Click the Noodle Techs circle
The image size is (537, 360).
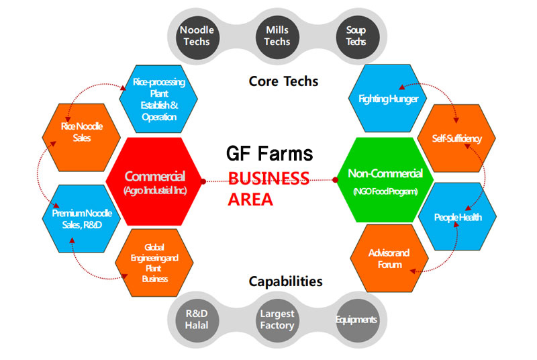coord(197,36)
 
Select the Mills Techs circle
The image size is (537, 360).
coord(277,36)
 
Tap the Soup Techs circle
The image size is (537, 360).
coord(358,36)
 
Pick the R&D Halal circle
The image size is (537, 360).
coord(197,320)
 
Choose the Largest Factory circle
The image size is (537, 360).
coord(277,320)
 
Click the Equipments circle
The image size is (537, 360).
coord(358,320)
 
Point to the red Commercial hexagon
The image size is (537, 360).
coord(155,181)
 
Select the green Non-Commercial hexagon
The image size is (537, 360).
coord(385,180)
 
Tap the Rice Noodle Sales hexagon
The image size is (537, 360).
coord(81,138)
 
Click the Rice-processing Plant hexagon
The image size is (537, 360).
coord(158,99)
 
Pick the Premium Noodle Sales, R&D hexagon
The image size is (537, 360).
coord(81,219)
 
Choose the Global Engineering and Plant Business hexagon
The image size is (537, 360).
coord(154,263)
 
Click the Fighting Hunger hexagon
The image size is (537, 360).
coord(388,98)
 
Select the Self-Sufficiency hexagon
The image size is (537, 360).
coord(456,138)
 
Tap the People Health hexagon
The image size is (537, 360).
coord(458,216)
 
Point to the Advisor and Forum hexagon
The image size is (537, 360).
coord(389,259)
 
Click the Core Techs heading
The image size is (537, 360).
coord(283,81)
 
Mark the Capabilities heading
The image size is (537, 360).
coord(286,281)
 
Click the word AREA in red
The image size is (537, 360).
coord(250,199)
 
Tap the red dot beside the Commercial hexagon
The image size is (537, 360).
coord(203,181)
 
